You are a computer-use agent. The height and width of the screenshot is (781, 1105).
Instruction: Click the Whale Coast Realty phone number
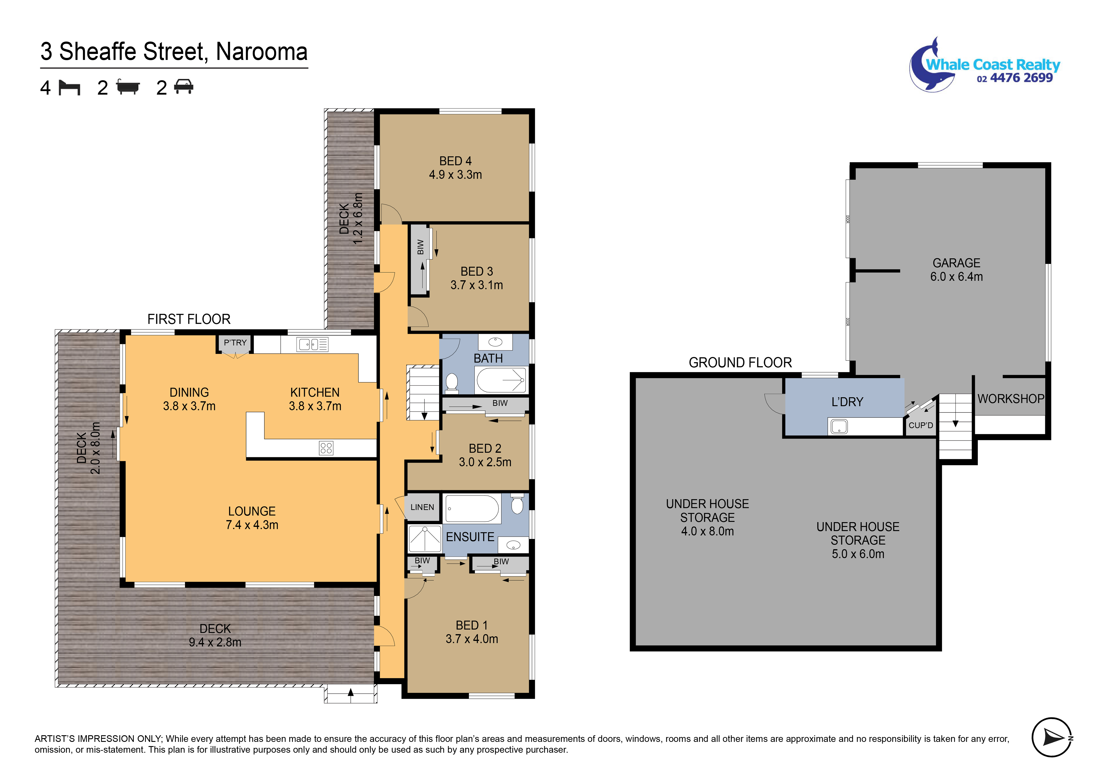(x=1015, y=78)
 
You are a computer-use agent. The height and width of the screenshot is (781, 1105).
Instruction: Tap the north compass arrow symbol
(x=1052, y=737)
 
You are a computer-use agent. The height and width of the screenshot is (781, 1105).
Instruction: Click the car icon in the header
(x=183, y=87)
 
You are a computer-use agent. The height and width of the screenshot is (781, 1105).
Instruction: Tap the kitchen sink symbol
(x=312, y=345)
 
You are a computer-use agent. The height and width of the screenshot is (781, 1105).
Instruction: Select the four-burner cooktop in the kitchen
(x=326, y=448)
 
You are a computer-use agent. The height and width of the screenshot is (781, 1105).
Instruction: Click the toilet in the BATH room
(x=451, y=383)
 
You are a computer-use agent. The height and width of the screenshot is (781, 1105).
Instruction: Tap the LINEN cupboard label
(x=422, y=507)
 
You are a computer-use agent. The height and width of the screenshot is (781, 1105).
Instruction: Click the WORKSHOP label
(x=1011, y=399)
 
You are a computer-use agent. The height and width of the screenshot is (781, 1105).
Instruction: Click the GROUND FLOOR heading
(x=740, y=362)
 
